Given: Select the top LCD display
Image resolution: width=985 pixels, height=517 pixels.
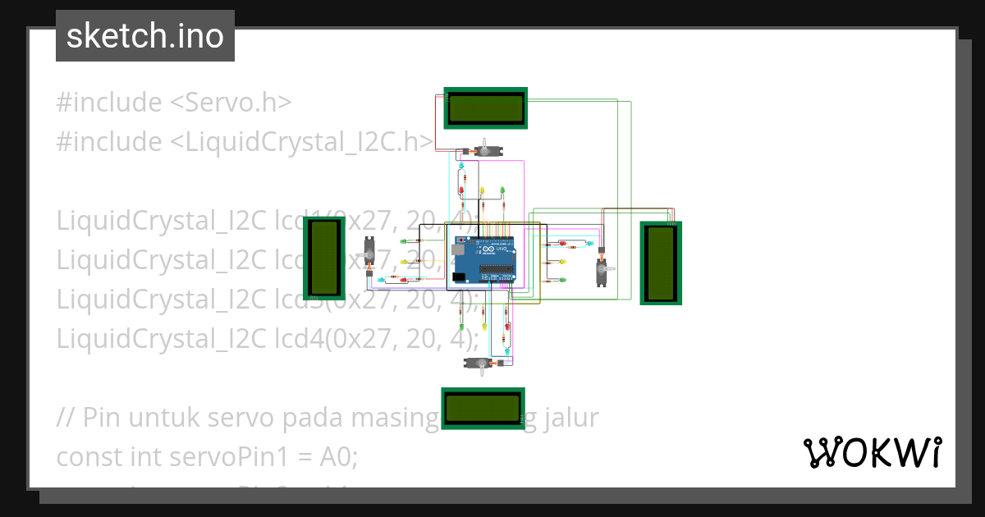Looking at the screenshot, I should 485,108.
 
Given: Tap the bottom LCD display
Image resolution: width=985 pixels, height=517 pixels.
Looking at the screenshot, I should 483,408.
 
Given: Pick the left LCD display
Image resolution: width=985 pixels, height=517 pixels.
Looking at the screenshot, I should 323,258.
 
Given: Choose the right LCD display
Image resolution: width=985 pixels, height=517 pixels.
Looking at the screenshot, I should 661,263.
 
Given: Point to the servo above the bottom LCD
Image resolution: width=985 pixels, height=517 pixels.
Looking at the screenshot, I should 484,364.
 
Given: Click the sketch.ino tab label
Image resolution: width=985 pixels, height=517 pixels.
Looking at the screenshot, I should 145,36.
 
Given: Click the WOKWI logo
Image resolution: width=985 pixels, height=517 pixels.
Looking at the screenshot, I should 872,452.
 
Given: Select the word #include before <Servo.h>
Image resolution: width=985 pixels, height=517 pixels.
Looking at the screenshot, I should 109,103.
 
